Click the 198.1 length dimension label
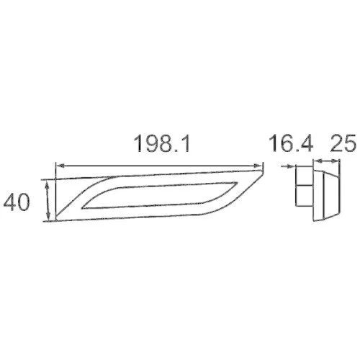tap(161, 143)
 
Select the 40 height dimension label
tap(17, 202)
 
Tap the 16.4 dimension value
tap(291, 143)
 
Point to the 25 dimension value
tap(343, 143)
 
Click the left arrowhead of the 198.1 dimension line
tap(60, 166)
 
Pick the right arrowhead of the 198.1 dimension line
tap(257, 166)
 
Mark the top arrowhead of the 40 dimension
tap(48, 185)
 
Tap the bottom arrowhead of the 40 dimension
tap(48, 217)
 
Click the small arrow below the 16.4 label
tap(289, 166)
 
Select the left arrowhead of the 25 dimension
tap(318, 161)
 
